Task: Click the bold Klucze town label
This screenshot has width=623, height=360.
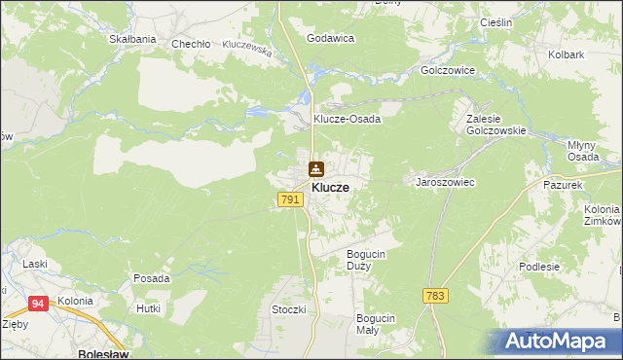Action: (x=330, y=187)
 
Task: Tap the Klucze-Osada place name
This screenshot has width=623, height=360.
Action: (x=346, y=119)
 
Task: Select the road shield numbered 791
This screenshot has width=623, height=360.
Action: (x=289, y=199)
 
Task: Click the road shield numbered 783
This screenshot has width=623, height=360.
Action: (x=435, y=295)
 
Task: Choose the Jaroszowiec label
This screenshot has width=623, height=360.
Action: (x=445, y=182)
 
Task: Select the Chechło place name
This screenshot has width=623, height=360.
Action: (x=191, y=44)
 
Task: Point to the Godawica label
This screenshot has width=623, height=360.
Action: (x=330, y=38)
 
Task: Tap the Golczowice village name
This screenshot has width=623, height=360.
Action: (x=447, y=71)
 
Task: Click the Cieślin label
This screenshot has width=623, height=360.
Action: (x=497, y=21)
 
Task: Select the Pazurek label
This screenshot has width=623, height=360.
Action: (x=563, y=184)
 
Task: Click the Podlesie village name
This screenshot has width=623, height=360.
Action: (x=567, y=267)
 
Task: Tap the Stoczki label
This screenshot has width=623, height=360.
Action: (x=289, y=309)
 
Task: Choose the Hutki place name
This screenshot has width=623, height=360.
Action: (x=148, y=308)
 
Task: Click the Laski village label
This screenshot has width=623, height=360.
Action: (x=36, y=264)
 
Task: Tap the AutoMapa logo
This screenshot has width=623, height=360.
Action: (x=559, y=342)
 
